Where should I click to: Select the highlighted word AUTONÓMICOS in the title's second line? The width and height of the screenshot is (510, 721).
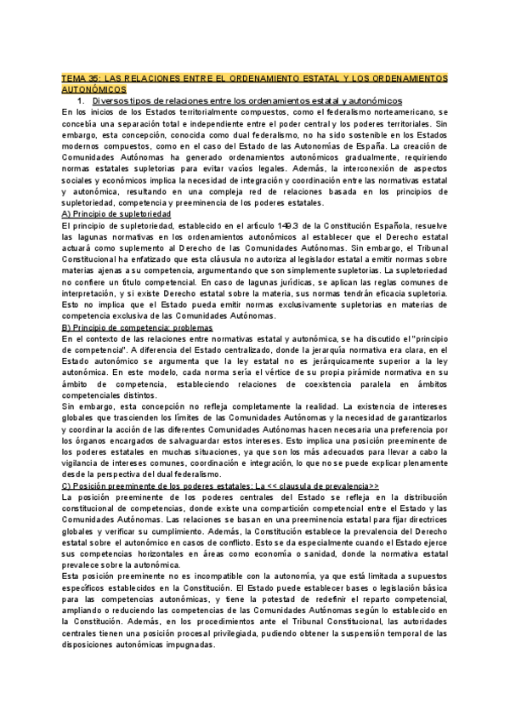tap(93, 89)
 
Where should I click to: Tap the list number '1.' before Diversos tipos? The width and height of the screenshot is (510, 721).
tap(80, 101)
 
